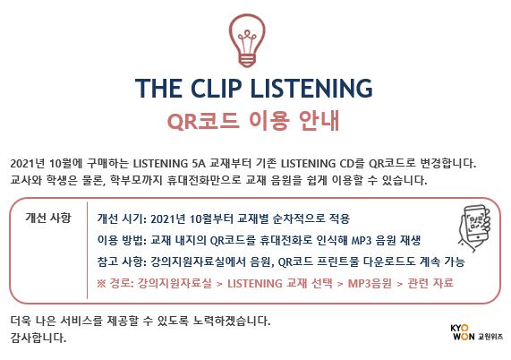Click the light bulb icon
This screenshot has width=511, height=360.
(247, 40)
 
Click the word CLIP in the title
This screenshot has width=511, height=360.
(216, 88)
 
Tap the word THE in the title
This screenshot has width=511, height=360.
(158, 88)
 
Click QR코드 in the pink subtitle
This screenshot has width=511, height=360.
(202, 121)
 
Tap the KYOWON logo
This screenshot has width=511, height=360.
(462, 332)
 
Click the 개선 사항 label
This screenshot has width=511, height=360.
(48, 218)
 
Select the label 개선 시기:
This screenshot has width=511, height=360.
(122, 219)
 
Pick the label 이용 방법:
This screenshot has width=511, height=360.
(122, 240)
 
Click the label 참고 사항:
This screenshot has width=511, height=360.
(122, 261)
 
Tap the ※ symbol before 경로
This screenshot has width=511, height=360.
(101, 283)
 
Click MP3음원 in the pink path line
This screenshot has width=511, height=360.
(370, 283)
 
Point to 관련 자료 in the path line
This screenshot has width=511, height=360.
(430, 283)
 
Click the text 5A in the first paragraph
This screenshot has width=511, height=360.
(199, 163)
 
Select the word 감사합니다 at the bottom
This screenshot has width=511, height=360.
(38, 338)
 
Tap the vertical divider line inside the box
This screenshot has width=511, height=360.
(87, 251)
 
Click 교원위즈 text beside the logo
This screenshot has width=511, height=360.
(490, 336)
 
